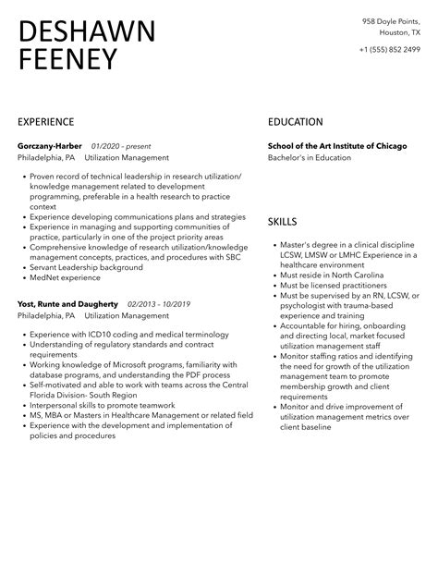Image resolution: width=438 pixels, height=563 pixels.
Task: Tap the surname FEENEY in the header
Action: click(x=68, y=60)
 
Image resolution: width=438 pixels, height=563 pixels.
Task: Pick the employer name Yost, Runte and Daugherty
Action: click(x=67, y=303)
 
